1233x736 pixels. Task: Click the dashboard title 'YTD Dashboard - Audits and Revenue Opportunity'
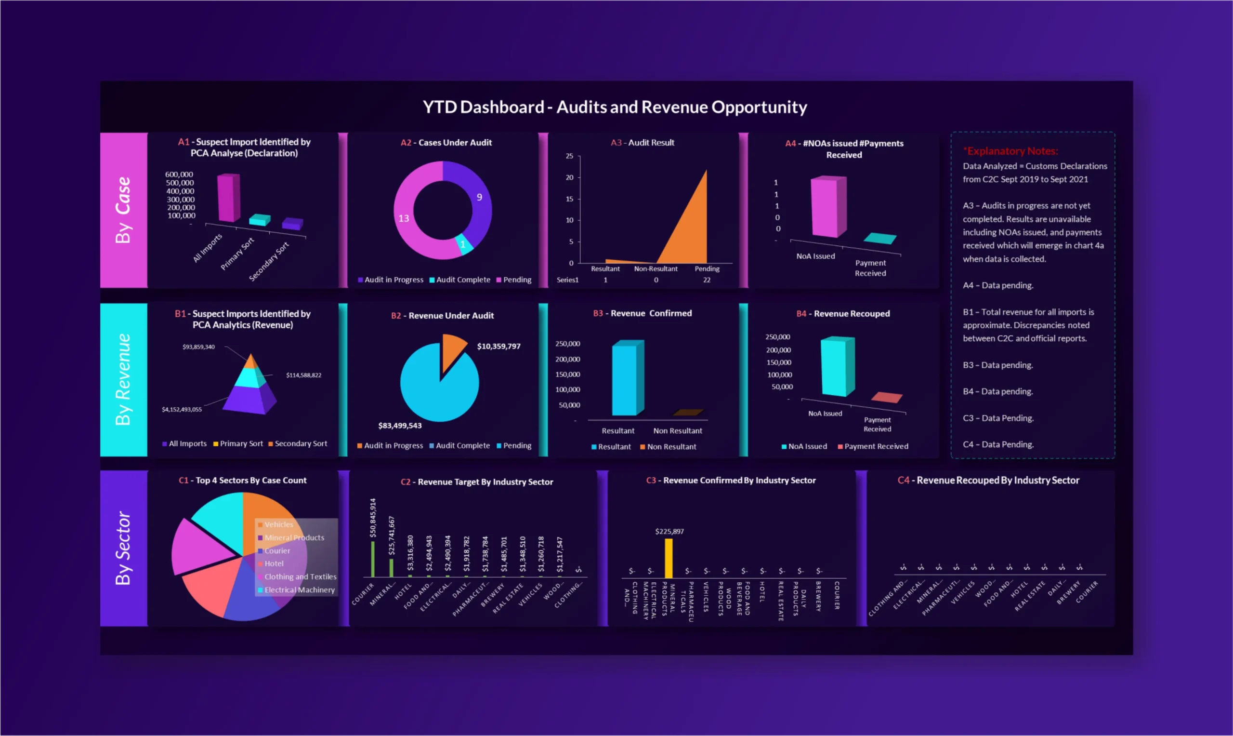coord(615,107)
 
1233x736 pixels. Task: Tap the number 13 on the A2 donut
coord(404,218)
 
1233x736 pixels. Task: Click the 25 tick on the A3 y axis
coord(569,156)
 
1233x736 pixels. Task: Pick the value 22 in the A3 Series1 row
coord(707,280)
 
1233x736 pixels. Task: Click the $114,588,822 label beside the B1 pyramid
coord(303,375)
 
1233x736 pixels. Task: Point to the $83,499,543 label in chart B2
coord(399,426)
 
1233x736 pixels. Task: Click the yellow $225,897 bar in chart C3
coord(669,559)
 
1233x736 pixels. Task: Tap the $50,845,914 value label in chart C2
coord(373,518)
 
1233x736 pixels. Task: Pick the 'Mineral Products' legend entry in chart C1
coord(294,537)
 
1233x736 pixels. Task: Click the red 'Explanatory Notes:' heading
coord(1010,151)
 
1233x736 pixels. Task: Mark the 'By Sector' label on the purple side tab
coord(123,548)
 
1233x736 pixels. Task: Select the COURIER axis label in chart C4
coord(1086,592)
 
